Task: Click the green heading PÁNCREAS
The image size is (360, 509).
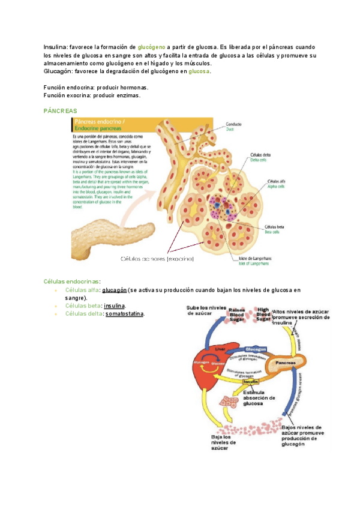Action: point(61,111)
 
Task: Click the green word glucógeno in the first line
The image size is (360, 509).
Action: point(152,47)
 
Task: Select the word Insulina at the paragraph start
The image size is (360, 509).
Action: point(56,47)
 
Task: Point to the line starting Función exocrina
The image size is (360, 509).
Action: point(92,95)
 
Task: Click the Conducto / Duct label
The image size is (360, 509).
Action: point(233,127)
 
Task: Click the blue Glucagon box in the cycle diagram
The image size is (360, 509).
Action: point(256,349)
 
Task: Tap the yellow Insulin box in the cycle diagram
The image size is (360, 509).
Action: point(250,382)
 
